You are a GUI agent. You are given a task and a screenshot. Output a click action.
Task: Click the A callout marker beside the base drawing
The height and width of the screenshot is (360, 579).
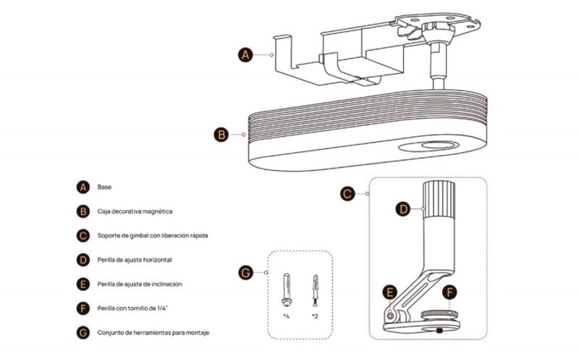click(x=245, y=54)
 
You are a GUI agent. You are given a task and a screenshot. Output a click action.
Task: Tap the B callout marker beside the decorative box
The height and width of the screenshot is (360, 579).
click(x=221, y=134)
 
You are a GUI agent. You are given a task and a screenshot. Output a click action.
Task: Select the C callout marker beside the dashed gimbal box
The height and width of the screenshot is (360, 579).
click(x=347, y=193)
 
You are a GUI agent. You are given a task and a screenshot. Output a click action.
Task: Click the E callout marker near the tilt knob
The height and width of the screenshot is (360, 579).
click(x=391, y=293)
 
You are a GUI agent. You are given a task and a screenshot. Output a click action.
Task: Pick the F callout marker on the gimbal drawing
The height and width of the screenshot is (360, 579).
click(x=450, y=293)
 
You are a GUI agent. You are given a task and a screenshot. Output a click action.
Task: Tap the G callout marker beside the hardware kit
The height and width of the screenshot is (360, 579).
click(x=245, y=272)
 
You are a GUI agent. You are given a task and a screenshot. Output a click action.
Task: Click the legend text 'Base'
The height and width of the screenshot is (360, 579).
click(x=104, y=187)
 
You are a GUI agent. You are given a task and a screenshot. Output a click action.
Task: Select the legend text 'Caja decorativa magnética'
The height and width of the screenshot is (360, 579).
click(x=135, y=212)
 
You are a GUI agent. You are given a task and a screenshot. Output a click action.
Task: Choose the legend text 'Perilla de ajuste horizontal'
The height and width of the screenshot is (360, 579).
click(x=135, y=259)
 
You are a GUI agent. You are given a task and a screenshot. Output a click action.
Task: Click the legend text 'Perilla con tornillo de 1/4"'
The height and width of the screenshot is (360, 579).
click(x=133, y=309)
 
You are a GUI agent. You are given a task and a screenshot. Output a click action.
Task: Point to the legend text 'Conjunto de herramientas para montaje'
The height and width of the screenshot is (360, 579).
click(x=154, y=333)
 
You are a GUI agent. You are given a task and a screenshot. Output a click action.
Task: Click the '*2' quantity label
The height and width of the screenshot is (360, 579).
click(x=315, y=317)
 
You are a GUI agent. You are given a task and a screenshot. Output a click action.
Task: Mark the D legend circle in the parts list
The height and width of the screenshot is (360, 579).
click(x=83, y=259)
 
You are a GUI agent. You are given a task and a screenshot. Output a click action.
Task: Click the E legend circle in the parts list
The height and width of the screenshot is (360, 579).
click(x=83, y=284)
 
